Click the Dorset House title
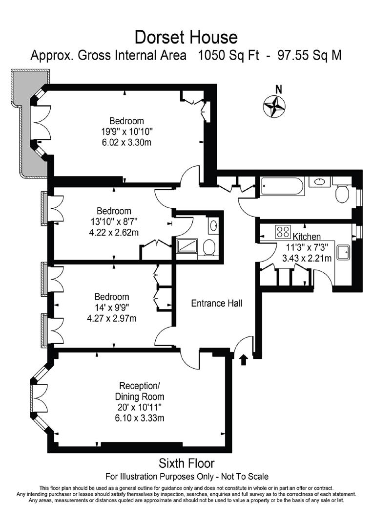pyautogui.click(x=186, y=37)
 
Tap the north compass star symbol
pyautogui.click(x=274, y=106)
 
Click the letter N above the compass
pyautogui.click(x=278, y=89)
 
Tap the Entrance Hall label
pyautogui.click(x=216, y=303)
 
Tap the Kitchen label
pyautogui.click(x=307, y=237)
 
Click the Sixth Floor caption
pyautogui.click(x=186, y=463)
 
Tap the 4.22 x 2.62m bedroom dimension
pyautogui.click(x=114, y=232)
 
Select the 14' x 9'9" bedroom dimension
pyautogui.click(x=112, y=308)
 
